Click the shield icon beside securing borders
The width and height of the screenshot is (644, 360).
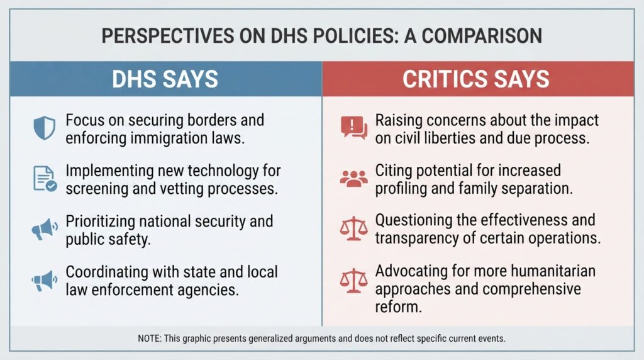point(45,128)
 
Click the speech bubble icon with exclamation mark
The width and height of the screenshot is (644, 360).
point(354,127)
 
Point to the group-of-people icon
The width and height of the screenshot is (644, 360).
point(353,179)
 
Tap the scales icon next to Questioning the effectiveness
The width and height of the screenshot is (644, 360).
point(353,229)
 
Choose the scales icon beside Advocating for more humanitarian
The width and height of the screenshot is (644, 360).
point(353,281)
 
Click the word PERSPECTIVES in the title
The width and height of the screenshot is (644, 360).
point(168,36)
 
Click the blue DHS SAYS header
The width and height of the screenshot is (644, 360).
point(166,79)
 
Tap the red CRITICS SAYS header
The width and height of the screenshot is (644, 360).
point(478,79)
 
